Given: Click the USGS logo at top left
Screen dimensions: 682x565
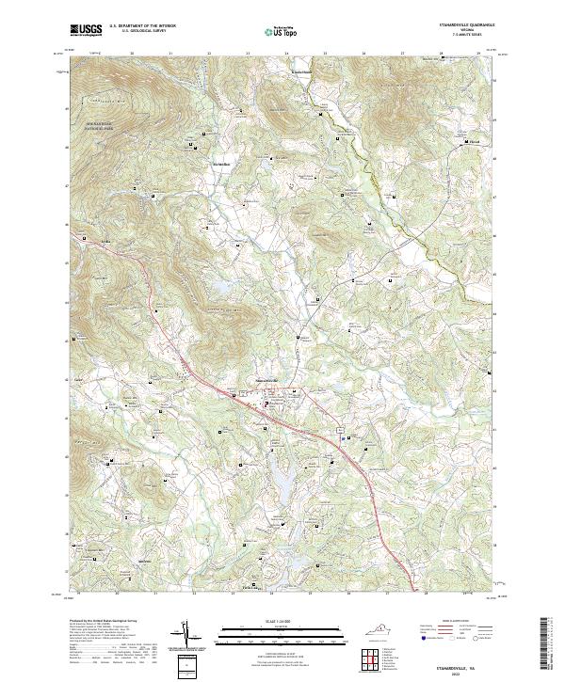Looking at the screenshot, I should pos(87,30).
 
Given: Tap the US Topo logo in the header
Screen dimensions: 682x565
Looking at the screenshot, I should pos(273,31).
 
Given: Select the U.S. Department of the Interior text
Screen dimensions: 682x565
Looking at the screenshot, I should pos(142,26).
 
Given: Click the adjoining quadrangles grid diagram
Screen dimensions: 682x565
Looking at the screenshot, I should pos(371,659).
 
